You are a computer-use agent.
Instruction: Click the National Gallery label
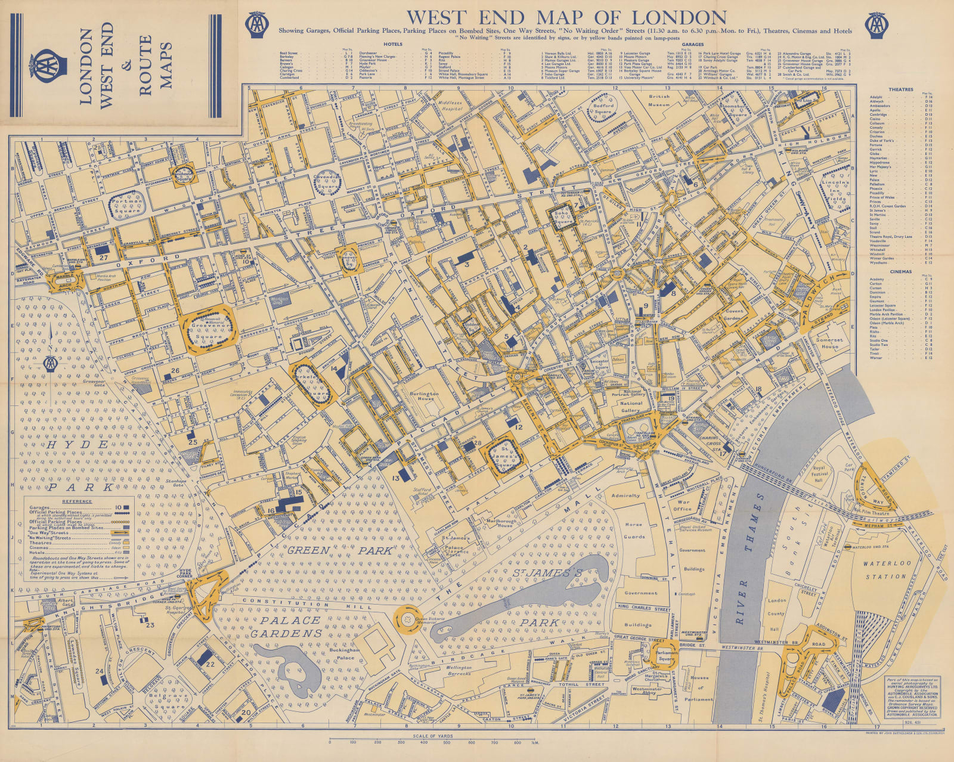631,407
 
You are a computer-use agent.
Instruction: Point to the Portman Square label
128,205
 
